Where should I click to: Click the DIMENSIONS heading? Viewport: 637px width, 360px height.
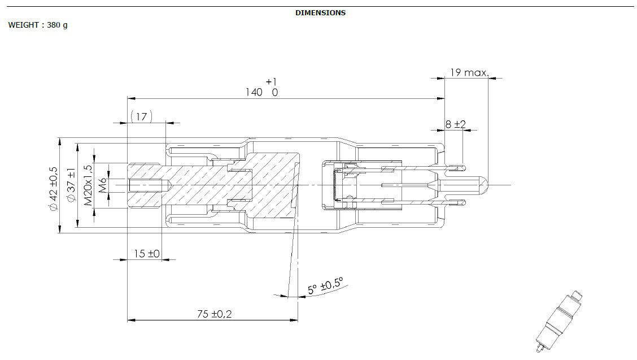320,12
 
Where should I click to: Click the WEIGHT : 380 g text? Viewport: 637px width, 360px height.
38,25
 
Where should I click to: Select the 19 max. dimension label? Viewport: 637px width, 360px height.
468,72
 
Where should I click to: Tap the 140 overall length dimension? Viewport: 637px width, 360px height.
254,92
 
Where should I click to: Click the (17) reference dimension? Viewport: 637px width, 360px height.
141,116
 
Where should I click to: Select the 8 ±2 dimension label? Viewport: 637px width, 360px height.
455,124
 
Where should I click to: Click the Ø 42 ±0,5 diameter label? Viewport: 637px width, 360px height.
54,188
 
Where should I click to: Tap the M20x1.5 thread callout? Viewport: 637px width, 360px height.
88,186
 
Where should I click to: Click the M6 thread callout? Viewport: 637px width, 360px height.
103,185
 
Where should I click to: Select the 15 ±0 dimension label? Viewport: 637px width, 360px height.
147,254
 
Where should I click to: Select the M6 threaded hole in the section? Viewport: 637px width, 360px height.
149,185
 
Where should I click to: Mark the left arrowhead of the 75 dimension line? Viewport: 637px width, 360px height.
132,320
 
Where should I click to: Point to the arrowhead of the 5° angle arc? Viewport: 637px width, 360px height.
283,294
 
